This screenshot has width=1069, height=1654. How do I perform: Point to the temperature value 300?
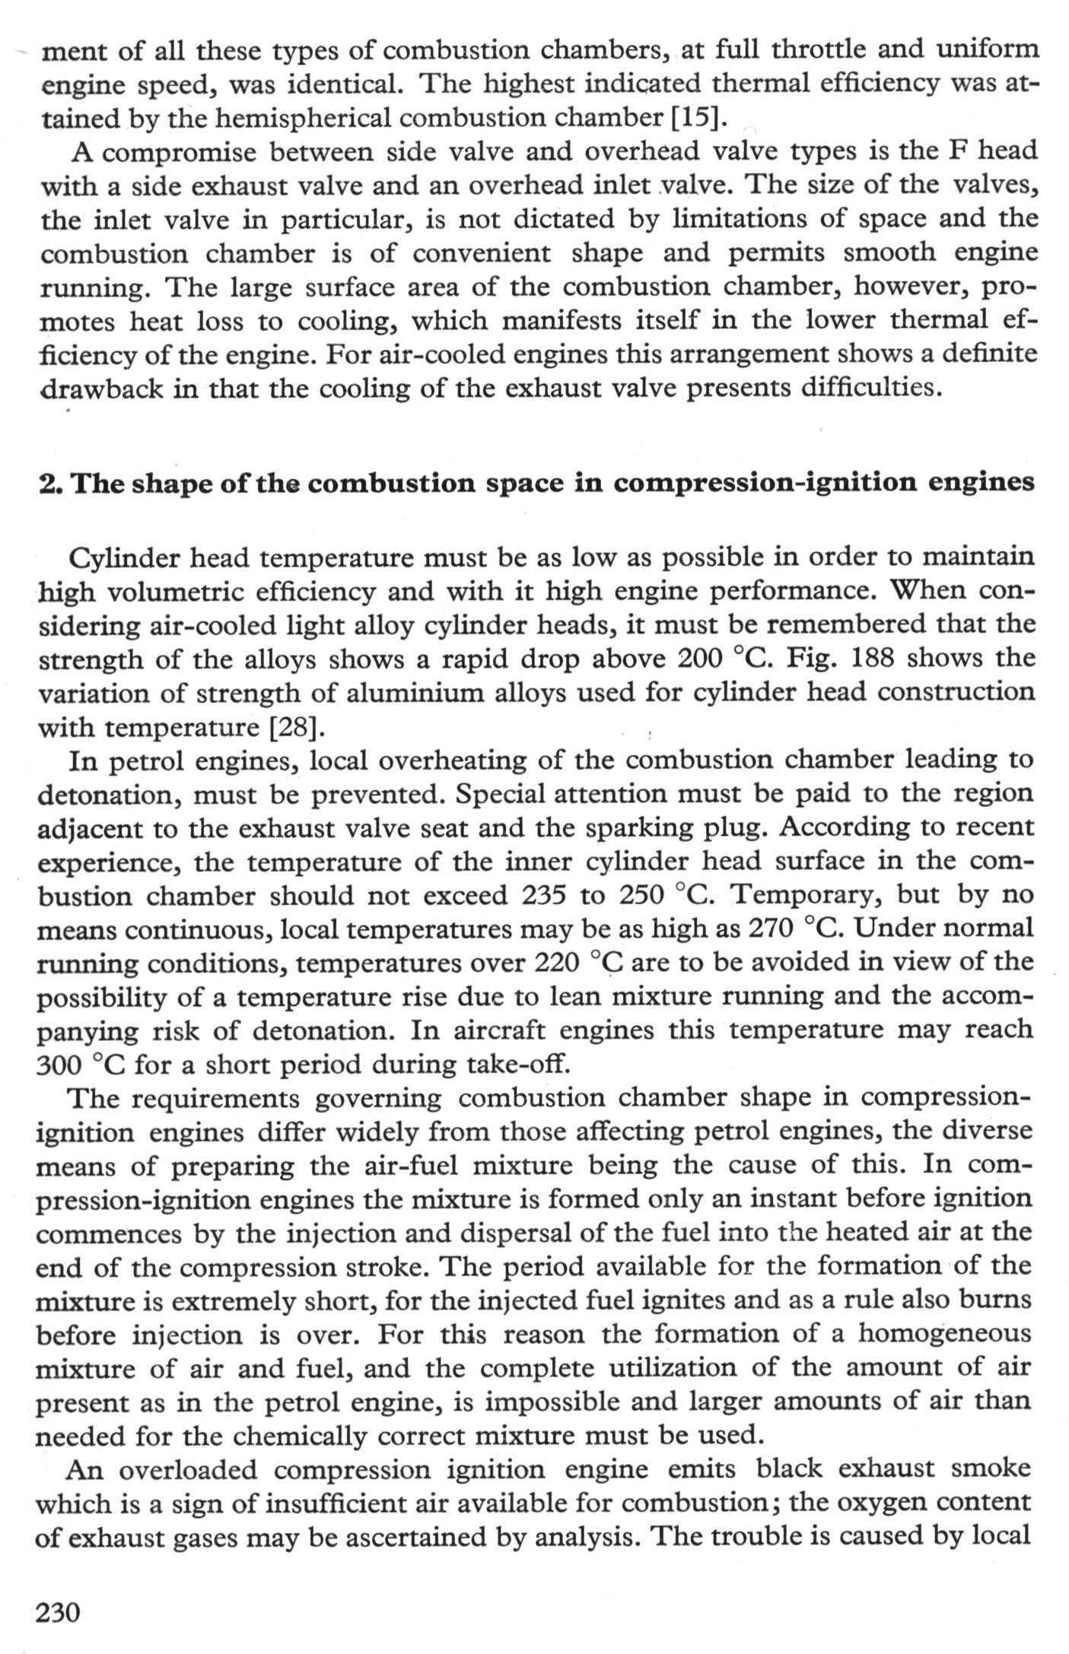pyautogui.click(x=60, y=1065)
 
